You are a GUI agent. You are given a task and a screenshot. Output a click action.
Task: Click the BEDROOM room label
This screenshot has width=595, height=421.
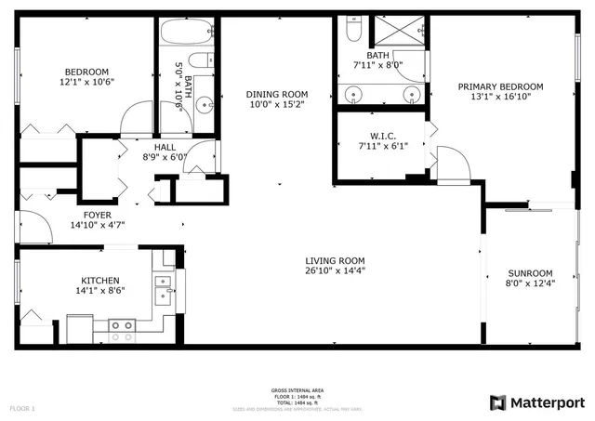coord(86,72)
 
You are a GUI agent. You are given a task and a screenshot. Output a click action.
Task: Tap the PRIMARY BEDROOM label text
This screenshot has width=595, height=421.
coord(500,86)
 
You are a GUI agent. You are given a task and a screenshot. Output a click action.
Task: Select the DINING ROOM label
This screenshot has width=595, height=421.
coord(276,94)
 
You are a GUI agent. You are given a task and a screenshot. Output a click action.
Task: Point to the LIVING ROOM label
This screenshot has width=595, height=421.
coord(335,260)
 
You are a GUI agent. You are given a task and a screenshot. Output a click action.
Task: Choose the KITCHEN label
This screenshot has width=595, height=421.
coord(99,280)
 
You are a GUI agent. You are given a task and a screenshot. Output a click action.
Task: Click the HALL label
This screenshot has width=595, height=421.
coord(165,146)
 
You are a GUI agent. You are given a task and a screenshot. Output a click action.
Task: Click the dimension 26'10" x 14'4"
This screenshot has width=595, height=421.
coord(335,271)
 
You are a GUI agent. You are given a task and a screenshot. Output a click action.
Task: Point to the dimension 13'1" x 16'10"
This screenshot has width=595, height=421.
coord(500,98)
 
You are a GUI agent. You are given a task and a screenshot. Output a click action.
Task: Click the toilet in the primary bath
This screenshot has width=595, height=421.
coord(352,31)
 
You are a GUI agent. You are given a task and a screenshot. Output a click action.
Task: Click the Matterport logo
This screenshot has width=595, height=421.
coord(536,401)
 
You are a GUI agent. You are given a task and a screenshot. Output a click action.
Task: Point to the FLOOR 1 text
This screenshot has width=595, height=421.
coord(22,408)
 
